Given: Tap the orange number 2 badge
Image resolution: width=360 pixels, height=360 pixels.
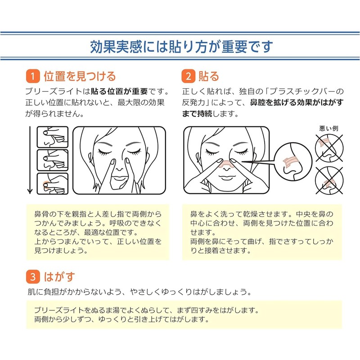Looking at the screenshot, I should (188, 76).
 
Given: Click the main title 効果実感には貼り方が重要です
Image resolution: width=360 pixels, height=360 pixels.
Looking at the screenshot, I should (180, 46).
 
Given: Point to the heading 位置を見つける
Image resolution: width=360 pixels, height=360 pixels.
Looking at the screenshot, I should (79, 76).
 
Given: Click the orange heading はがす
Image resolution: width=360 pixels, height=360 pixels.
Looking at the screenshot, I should (59, 275).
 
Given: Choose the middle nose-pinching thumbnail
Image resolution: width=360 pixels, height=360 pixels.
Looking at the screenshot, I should (52, 160).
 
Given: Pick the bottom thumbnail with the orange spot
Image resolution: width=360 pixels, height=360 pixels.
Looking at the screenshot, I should (52, 184).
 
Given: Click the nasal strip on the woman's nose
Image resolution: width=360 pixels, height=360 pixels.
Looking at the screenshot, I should (224, 163).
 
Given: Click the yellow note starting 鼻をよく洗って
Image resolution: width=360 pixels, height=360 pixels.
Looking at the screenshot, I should (261, 232).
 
